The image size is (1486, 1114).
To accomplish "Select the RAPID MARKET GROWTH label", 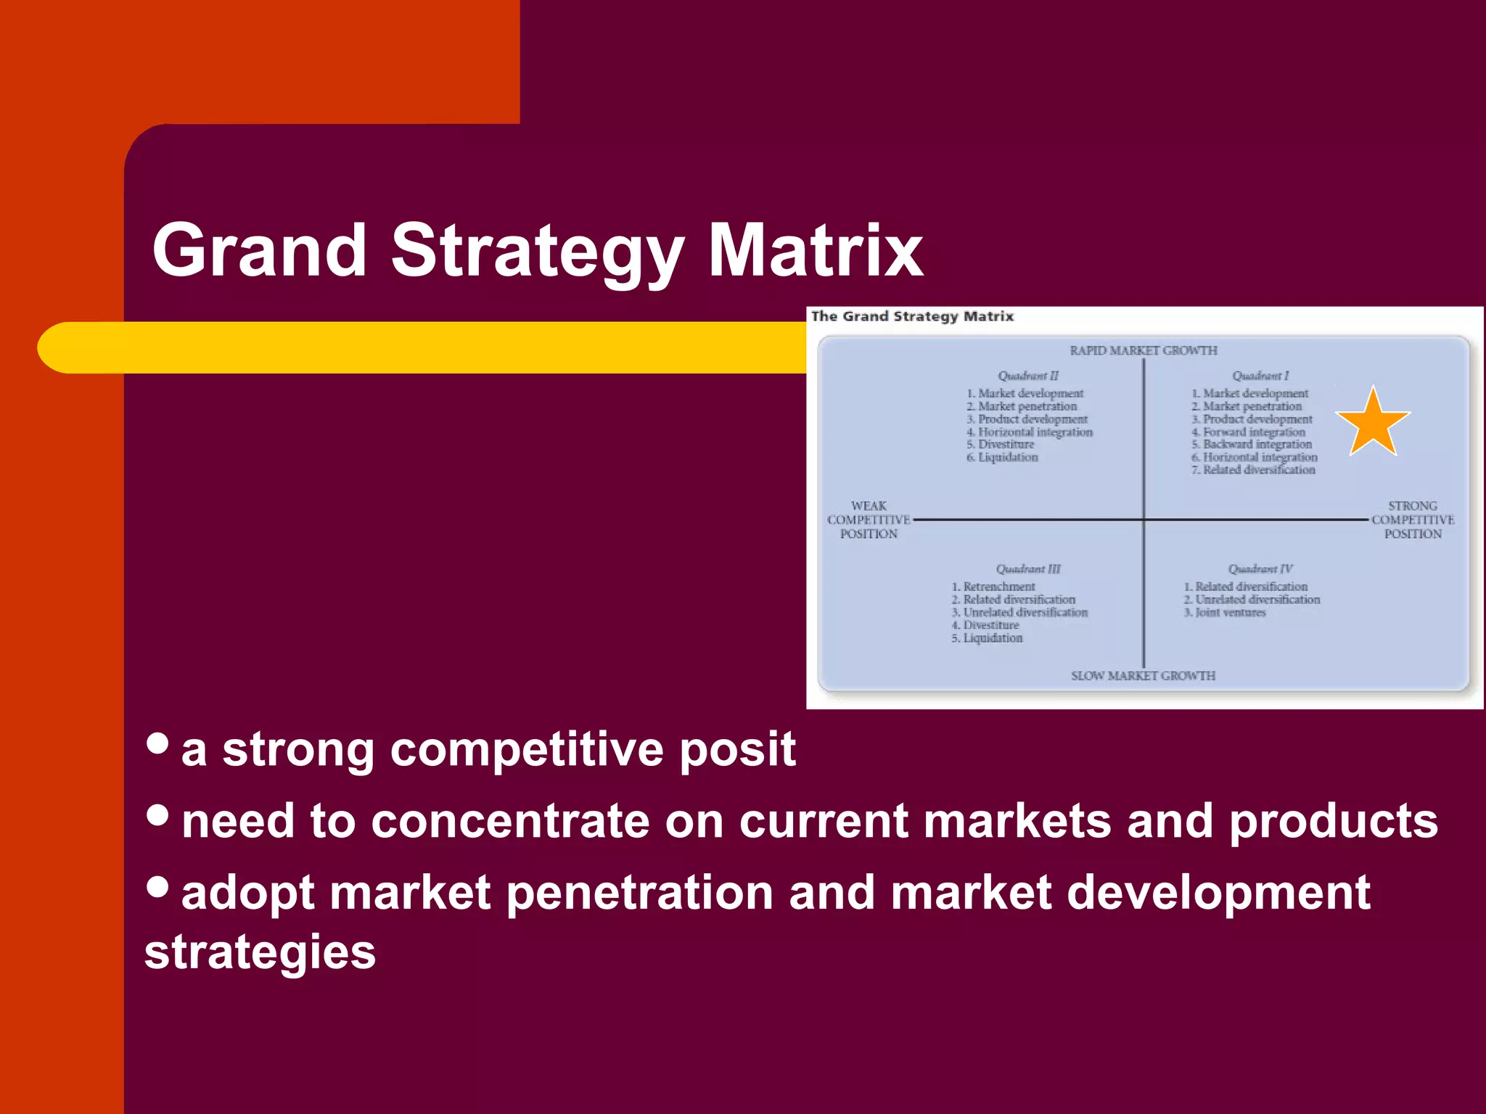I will click(1144, 351).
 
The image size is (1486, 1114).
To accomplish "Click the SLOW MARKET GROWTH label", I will click(1143, 676).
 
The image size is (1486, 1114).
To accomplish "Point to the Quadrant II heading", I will click(1028, 376).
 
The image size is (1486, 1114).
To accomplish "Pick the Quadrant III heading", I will click(1028, 569).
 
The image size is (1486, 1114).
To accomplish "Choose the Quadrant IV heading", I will click(1260, 569).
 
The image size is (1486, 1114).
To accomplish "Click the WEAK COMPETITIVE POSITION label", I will click(869, 520).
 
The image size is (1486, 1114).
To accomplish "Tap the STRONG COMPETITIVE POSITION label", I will click(1413, 520).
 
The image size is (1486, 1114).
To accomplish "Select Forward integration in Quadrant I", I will click(1254, 432).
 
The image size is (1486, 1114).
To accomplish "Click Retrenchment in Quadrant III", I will click(999, 587).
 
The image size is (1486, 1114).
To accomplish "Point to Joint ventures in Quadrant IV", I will click(1231, 613).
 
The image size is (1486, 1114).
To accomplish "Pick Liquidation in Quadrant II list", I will click(1008, 458).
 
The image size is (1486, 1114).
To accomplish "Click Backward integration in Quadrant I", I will click(1257, 445).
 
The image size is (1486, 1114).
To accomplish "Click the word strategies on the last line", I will click(260, 952).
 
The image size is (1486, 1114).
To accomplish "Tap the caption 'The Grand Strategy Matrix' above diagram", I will click(912, 317).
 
